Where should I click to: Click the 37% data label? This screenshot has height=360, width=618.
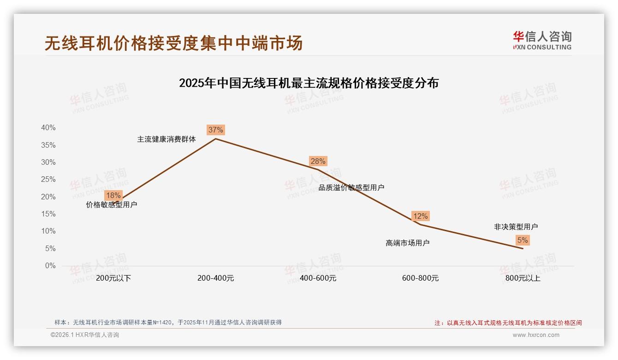pyautogui.click(x=215, y=130)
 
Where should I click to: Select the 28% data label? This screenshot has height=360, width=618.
pyautogui.click(x=318, y=161)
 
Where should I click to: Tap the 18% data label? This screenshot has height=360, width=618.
pyautogui.click(x=113, y=195)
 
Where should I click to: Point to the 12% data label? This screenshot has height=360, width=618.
pyautogui.click(x=420, y=216)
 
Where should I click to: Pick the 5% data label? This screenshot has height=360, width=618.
pyautogui.click(x=523, y=240)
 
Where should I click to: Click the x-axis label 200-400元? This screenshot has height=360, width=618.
pyautogui.click(x=215, y=278)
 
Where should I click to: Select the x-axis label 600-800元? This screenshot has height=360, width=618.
pyautogui.click(x=420, y=278)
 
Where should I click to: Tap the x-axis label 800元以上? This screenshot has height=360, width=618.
pyautogui.click(x=523, y=278)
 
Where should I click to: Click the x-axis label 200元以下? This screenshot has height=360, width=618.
pyautogui.click(x=113, y=278)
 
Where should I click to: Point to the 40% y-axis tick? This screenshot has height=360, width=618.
pyautogui.click(x=48, y=128)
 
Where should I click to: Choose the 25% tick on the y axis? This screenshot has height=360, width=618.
pyautogui.click(x=48, y=180)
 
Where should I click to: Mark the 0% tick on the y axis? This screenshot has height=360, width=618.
pyautogui.click(x=50, y=266)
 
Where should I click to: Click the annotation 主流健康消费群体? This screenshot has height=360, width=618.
pyautogui.click(x=166, y=139)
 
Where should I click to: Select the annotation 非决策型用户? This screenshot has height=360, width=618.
pyautogui.click(x=516, y=227)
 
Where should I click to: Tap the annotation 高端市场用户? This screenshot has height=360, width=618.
pyautogui.click(x=407, y=243)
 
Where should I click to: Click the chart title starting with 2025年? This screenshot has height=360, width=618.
pyautogui.click(x=309, y=84)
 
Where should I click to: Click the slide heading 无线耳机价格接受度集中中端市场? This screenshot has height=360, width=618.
pyautogui.click(x=173, y=43)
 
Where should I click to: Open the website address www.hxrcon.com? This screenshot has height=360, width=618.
pyautogui.click(x=536, y=335)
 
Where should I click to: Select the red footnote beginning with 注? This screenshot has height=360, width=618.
pyautogui.click(x=508, y=323)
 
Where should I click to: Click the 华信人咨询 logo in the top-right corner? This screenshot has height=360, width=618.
pyautogui.click(x=542, y=40)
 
